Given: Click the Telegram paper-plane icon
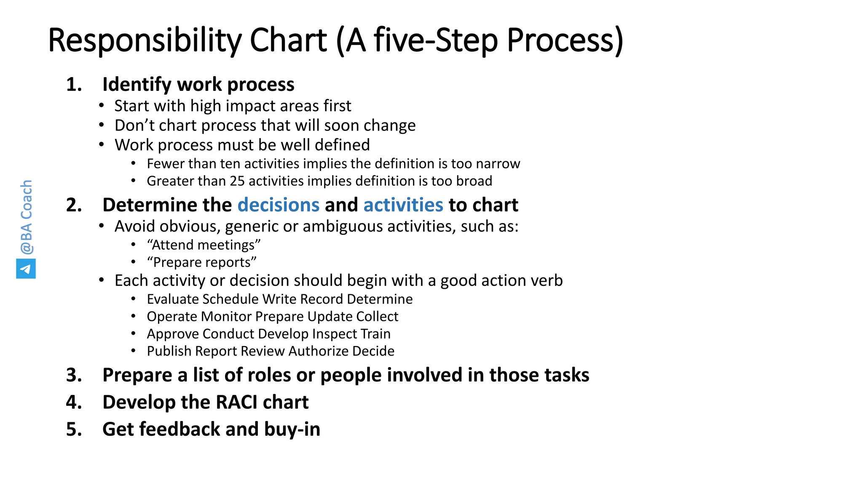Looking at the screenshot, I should (26, 269).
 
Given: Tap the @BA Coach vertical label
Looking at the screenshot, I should (26, 217).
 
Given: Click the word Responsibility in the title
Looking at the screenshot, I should (145, 40).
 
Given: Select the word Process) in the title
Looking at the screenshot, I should (565, 40).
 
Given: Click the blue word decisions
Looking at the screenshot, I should (279, 205).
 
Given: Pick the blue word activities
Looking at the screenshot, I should (403, 205).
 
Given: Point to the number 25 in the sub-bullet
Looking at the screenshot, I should (237, 181).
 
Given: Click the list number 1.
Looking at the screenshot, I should (74, 85).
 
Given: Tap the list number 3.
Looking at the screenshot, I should (74, 375).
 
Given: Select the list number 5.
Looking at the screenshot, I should (74, 429).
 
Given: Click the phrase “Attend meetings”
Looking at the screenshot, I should (204, 245).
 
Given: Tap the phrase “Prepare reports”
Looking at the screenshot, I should (201, 262).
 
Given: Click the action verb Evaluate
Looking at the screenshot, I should (173, 299).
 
